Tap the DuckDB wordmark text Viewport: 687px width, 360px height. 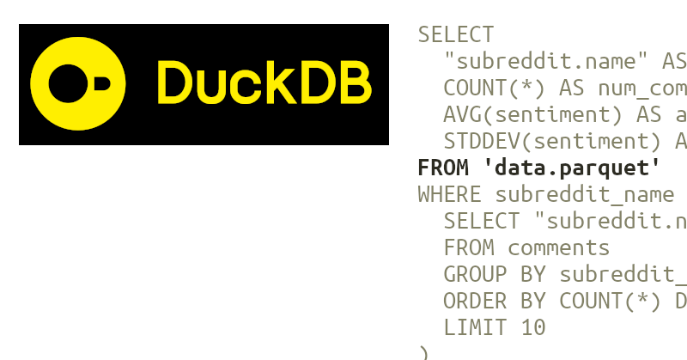click(x=264, y=84)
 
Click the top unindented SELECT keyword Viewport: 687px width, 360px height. click(x=456, y=35)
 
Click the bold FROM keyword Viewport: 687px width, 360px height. click(x=443, y=168)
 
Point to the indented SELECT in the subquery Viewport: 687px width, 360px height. click(x=482, y=221)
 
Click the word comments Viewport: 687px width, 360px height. click(x=559, y=247)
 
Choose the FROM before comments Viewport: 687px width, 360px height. click(x=469, y=247)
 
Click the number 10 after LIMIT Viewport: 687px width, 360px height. click(x=533, y=327)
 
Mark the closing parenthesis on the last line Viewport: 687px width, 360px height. click(x=423, y=352)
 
